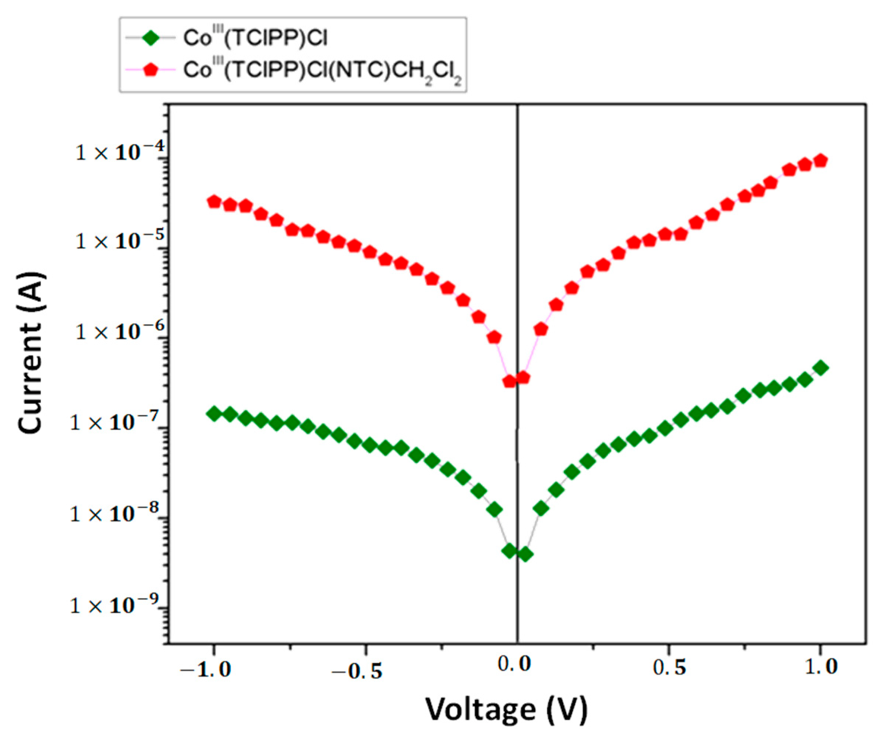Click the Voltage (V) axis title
506,709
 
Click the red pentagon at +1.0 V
821,161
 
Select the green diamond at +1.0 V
821,368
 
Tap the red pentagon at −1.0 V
214,202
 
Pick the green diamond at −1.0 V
214,413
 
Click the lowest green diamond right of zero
525,554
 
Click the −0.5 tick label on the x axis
357,672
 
